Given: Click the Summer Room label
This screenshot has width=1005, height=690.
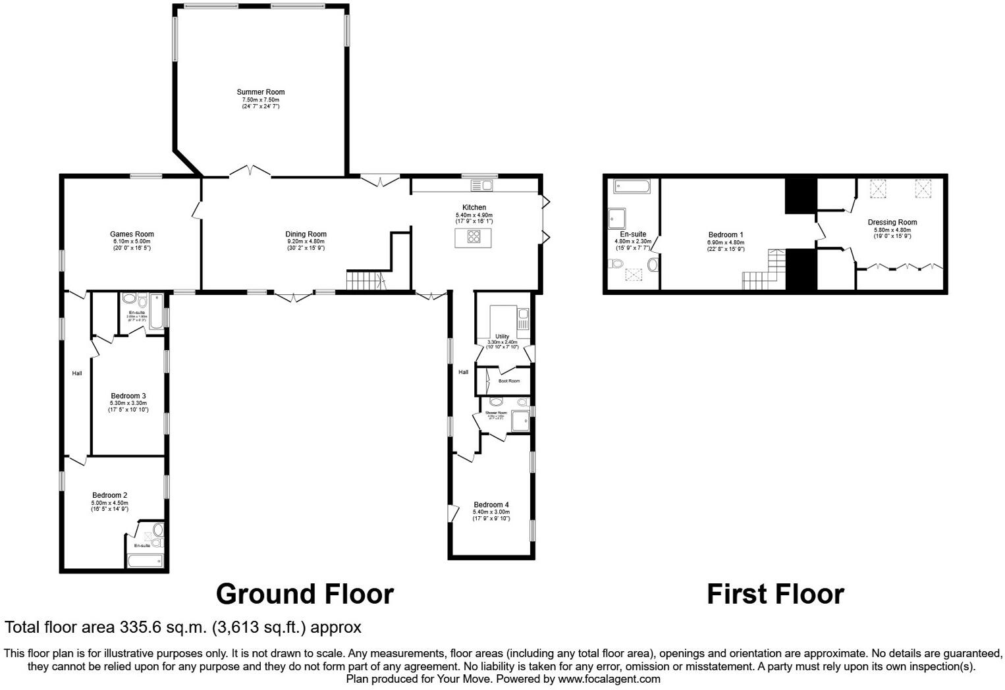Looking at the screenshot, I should tap(261, 92).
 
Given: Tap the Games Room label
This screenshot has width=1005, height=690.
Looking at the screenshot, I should tap(132, 234).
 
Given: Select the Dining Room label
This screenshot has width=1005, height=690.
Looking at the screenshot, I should tap(306, 234).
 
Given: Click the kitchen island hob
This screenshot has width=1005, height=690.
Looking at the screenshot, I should tap(474, 238).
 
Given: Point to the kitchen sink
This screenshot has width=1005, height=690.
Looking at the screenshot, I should tap(486, 185).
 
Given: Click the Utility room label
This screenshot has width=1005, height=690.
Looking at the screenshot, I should tap(502, 336).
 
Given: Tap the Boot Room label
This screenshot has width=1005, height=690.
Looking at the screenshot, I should tap(508, 381).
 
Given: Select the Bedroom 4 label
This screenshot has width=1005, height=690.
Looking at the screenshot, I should tap(491, 505).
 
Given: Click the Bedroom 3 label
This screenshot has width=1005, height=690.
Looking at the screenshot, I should tap(128, 396).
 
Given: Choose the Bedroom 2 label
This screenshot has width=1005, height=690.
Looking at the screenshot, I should tap(109, 495).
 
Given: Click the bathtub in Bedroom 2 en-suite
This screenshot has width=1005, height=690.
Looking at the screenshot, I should tap(144, 561).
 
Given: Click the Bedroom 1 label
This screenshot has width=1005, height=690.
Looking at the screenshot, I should tap(726, 234).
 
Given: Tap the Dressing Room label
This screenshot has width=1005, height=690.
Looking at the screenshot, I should tap(892, 223).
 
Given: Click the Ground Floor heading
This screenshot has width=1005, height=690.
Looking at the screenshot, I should tap(304, 594).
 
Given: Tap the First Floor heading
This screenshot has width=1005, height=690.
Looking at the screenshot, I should tap(775, 594).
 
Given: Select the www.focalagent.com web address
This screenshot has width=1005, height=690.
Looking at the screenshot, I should tap(609, 679).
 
